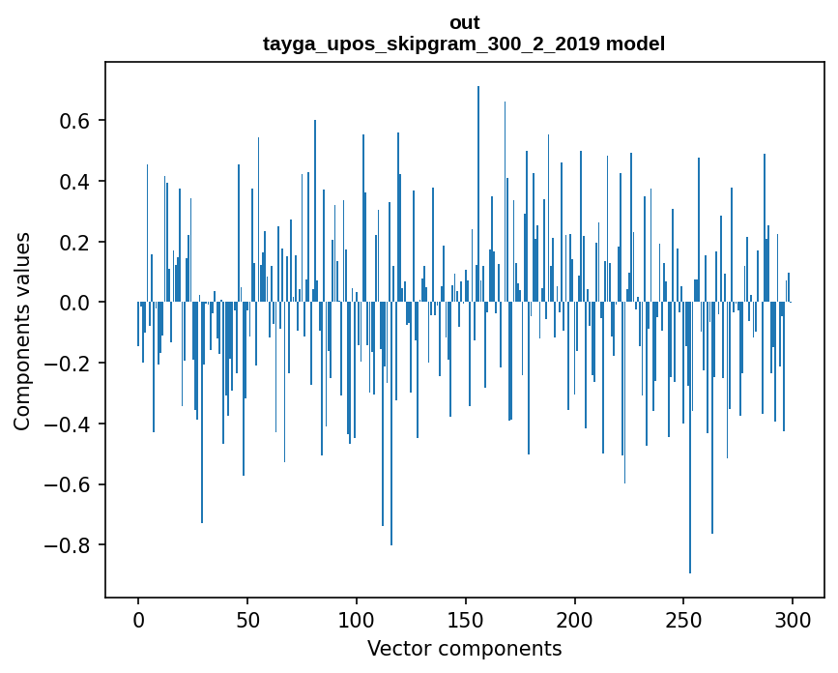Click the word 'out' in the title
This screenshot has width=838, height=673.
point(464,22)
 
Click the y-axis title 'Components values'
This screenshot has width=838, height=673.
point(22,331)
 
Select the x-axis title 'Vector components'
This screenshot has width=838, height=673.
point(464,648)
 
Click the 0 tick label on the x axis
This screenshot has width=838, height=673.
point(138,618)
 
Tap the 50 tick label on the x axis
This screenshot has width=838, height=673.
point(247,618)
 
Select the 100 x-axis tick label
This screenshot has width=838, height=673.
point(357,618)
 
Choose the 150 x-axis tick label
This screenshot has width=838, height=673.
point(466,618)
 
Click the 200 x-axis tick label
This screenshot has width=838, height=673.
point(575,618)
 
